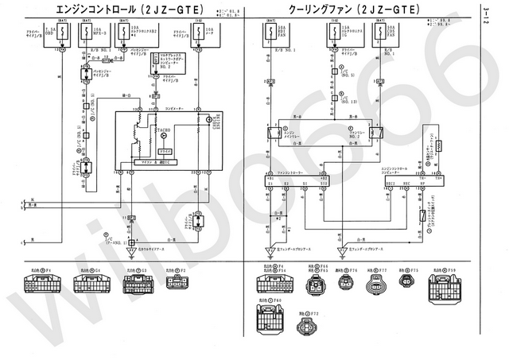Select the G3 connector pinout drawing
137,285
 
